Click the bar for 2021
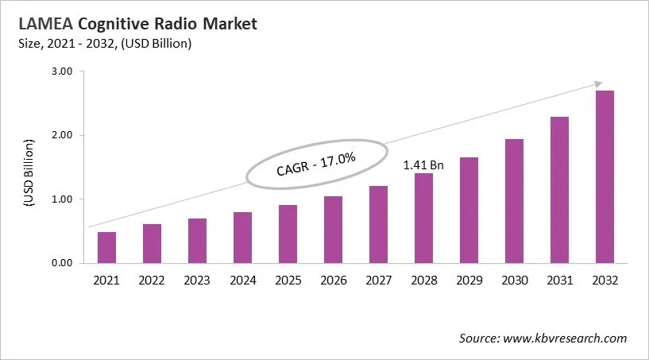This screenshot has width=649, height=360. point(106,247)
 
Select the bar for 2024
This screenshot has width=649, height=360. point(243,238)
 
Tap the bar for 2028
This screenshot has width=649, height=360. point(423,218)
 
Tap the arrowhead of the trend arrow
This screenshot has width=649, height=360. point(597,83)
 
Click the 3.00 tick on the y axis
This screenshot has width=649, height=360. point(62,72)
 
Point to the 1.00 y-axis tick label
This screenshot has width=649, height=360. point(62,199)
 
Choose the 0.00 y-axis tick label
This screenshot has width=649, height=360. point(62,263)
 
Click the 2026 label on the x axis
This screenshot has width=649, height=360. point(333,281)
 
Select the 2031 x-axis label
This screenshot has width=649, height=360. point(559,281)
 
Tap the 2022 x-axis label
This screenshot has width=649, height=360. point(152,281)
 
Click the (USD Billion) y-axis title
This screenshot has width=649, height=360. point(29,173)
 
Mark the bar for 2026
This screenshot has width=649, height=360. point(333,230)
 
